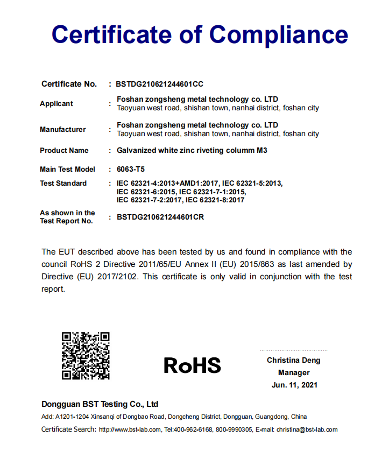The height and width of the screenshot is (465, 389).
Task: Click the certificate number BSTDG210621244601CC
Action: tap(160, 84)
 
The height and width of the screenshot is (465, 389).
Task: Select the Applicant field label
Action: tap(56, 103)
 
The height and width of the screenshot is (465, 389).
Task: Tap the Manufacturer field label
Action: tap(63, 129)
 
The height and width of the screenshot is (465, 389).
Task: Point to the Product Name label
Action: tap(64, 150)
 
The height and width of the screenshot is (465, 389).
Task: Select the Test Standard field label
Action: tap(63, 183)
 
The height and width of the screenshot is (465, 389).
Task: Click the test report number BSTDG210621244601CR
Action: tap(160, 217)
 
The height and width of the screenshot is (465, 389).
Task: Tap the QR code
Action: tap(86, 356)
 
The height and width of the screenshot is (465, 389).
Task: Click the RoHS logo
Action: tap(193, 365)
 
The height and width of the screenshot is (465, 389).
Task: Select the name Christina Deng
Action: tap(293, 360)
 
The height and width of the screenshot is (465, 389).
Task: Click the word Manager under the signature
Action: tap(294, 372)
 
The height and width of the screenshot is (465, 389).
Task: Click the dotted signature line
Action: tap(294, 350)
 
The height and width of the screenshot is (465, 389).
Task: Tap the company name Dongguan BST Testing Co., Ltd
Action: tap(100, 404)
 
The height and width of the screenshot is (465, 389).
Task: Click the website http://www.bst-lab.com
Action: tap(130, 429)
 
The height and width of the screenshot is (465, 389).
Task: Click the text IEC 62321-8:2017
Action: tap(215, 200)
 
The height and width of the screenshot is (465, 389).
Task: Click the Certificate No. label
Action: tap(69, 84)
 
